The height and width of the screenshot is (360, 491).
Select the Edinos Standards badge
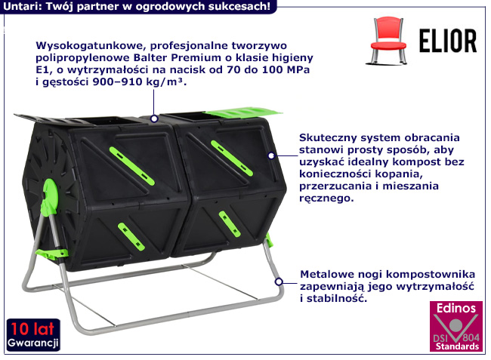pyautogui.click(x=455, y=327)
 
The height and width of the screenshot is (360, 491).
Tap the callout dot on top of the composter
pyautogui.click(x=154, y=118)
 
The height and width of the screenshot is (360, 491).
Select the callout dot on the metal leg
pyautogui.click(x=279, y=282)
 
